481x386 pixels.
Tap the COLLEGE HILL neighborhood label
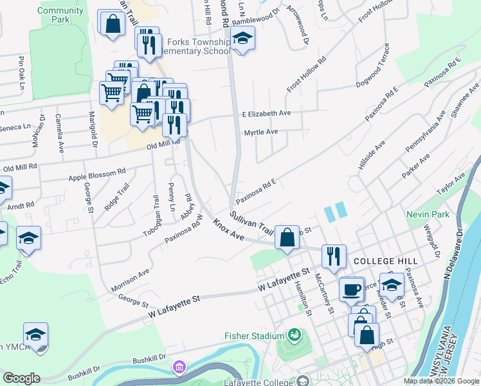[x=386, y=261]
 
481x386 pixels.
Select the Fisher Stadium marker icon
[x=295, y=335]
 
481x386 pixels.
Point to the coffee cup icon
[x=352, y=289]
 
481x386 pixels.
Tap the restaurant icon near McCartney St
[x=333, y=255]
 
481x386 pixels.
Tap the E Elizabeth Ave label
[x=266, y=113]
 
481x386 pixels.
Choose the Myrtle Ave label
[x=260, y=132]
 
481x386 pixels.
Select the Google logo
[x=21, y=378]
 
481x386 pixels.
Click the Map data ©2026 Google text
[x=440, y=381]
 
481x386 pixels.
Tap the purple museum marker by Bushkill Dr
[x=178, y=367]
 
